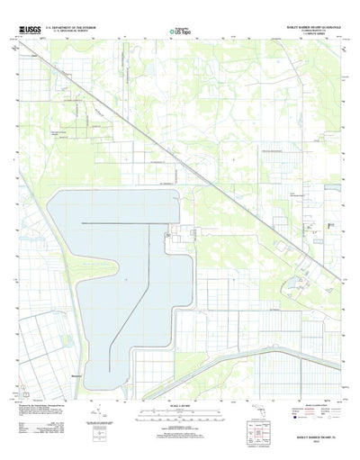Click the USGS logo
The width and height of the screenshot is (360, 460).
click(29, 31)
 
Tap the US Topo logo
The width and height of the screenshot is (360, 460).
click(181, 30)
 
